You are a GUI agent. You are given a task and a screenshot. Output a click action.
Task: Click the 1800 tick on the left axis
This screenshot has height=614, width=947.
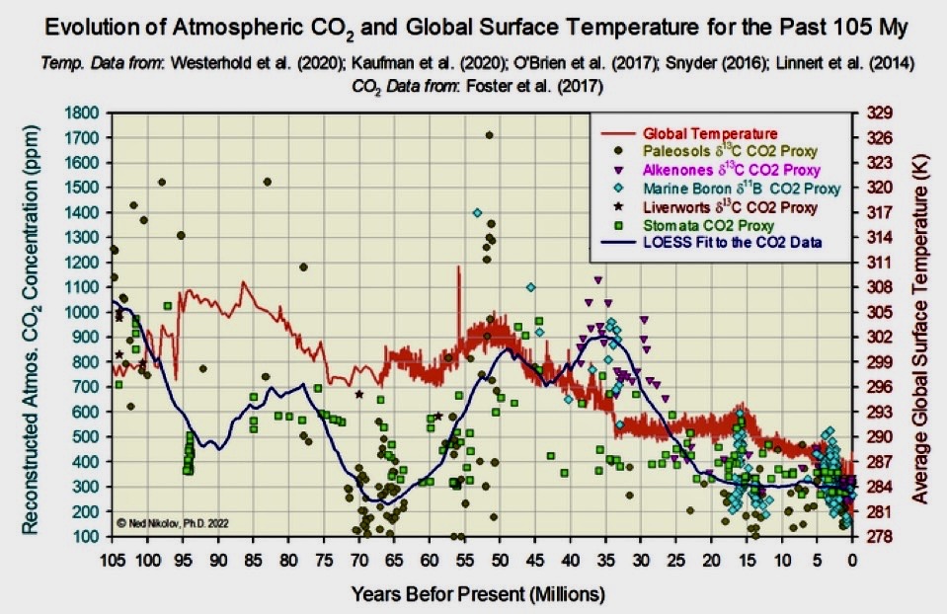[x=80, y=113]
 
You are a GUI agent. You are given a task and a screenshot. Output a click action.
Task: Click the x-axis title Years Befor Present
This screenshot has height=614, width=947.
[x=477, y=594]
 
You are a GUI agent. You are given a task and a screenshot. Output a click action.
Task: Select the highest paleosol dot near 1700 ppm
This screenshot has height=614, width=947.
[x=489, y=135]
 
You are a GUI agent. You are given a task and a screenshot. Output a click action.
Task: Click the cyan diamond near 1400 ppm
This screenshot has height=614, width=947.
[x=477, y=212]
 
